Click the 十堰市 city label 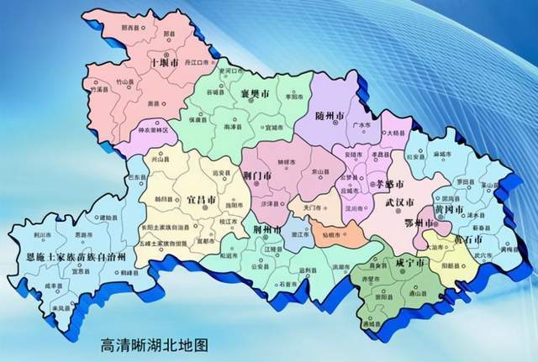click(x=164, y=63)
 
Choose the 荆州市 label click(x=266, y=228)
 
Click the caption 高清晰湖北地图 click(x=153, y=344)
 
